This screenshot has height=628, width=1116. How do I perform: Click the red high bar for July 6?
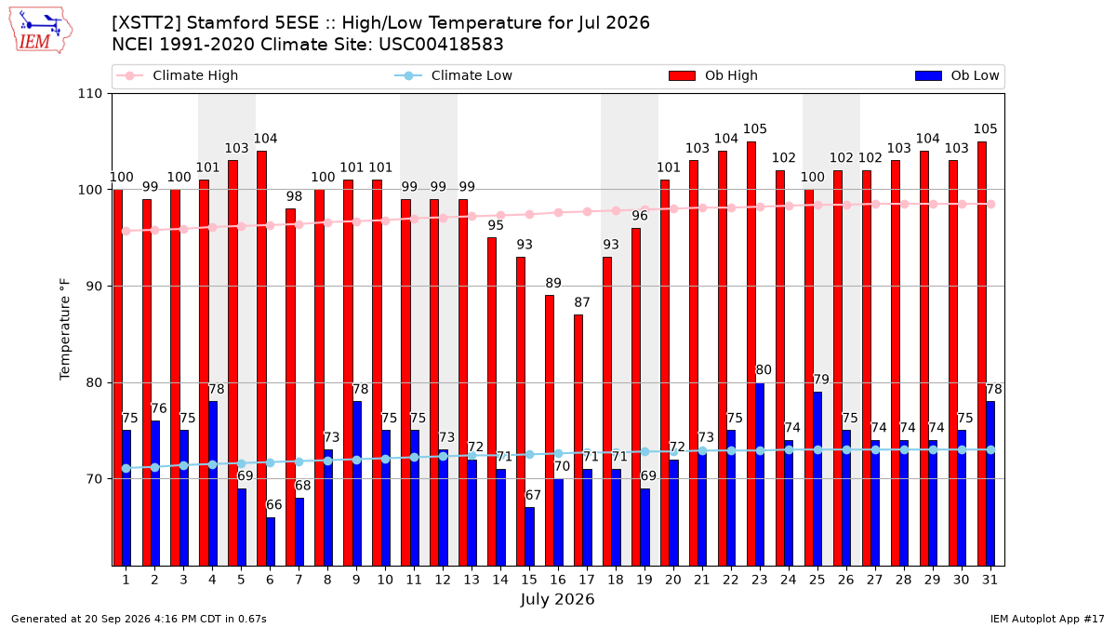(x=261, y=358)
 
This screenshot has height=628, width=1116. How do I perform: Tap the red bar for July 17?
(x=578, y=440)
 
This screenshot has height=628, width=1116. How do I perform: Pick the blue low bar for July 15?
(x=529, y=536)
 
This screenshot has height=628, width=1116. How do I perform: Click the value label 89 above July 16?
(x=553, y=283)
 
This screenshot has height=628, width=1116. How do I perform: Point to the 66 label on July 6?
(x=274, y=505)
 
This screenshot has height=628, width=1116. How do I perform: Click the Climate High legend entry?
(x=178, y=75)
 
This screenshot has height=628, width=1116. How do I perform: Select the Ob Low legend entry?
(x=957, y=75)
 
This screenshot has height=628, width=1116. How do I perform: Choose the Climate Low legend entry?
(x=454, y=75)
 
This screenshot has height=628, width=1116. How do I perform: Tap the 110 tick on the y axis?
(x=89, y=94)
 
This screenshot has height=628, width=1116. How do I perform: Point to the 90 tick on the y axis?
(x=94, y=287)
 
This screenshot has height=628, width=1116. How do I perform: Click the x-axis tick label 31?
(x=990, y=580)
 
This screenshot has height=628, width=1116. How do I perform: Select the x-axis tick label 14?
(x=500, y=580)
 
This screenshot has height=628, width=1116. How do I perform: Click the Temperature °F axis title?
(x=65, y=329)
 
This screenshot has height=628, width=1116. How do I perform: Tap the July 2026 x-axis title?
(x=557, y=599)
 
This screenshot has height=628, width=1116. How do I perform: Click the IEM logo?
(x=40, y=31)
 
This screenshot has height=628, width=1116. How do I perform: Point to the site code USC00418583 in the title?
(x=441, y=45)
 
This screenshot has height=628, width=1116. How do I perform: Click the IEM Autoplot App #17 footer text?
(x=1047, y=619)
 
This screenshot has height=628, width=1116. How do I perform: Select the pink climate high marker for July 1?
(x=126, y=232)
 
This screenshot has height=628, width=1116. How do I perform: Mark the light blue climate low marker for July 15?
(x=529, y=455)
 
